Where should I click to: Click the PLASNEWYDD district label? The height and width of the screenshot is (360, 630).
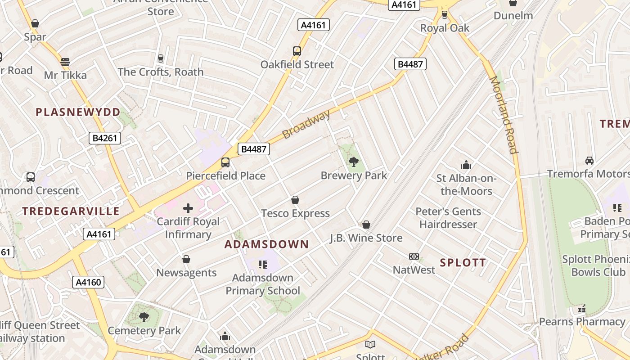tap(78, 112)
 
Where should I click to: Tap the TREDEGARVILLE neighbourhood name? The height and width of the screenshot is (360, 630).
tap(71, 211)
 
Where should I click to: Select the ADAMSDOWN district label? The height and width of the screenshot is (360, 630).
tap(267, 244)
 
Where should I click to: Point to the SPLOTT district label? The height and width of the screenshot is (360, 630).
tap(463, 263)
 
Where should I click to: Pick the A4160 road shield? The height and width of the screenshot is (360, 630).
tap(89, 282)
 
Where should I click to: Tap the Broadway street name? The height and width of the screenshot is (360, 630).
tap(306, 124)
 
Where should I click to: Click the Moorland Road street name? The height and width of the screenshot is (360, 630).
tap(504, 115)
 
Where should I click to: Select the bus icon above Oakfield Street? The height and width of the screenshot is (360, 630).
tap(297, 51)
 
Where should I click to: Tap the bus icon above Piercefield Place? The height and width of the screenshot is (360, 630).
tap(225, 162)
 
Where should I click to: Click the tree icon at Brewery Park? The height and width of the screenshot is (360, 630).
tap(354, 162)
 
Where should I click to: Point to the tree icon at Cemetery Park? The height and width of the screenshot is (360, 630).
tap(144, 317)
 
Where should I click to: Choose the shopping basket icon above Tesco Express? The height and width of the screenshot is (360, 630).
tap(295, 200)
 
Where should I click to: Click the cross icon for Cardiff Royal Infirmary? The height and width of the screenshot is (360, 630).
tap(188, 208)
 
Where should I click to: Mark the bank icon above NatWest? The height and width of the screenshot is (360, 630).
tap(414, 256)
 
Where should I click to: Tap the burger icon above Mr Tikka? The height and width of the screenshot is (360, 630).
tap(65, 62)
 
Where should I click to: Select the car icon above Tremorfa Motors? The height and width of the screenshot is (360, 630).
tap(589, 161)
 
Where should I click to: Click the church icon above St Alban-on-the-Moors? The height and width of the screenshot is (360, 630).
tap(466, 165)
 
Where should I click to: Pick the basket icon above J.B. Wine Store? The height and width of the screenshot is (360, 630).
tap(366, 225)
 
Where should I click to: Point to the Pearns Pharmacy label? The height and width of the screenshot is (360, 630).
tap(582, 322)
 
